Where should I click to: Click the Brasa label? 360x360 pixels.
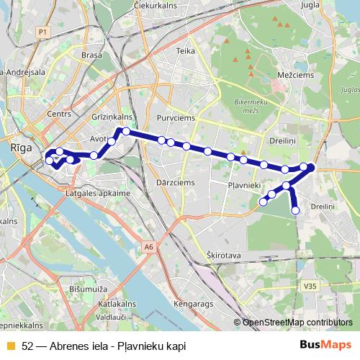tap(91, 55)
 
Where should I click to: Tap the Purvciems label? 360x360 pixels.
tap(172, 117)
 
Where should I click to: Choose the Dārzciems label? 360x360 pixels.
tap(175, 183)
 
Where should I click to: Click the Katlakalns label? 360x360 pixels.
tap(112, 305)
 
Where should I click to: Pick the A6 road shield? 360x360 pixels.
tap(148, 247)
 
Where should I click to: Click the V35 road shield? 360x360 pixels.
tap(310, 286)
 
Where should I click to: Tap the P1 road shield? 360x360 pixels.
tap(42, 32)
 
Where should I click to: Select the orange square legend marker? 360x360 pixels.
tap(9, 346)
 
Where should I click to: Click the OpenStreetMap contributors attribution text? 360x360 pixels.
tap(297, 322)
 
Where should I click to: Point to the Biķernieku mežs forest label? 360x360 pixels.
tap(251, 107)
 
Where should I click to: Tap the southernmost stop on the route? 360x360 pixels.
tap(295, 210)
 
